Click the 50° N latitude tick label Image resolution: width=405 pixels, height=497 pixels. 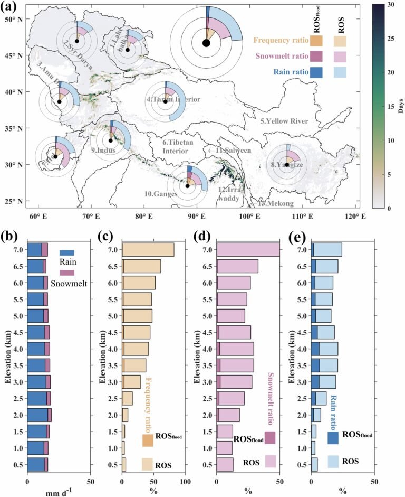pyautogui.click(x=15, y=20)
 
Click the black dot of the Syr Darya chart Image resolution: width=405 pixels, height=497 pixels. pyautogui.click(x=77, y=41)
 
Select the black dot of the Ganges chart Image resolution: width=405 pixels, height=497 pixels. pyautogui.click(x=187, y=186)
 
